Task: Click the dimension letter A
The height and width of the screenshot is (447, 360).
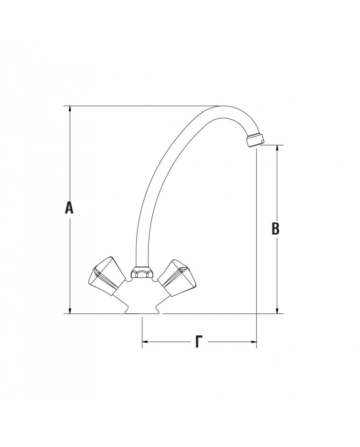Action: coord(69,208)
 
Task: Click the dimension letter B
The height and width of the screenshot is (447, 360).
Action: coord(276,229)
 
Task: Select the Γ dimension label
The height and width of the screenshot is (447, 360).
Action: coord(199,342)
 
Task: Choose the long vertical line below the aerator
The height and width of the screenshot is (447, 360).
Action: coord(256,247)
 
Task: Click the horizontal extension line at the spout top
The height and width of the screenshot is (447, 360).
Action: coord(139,106)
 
